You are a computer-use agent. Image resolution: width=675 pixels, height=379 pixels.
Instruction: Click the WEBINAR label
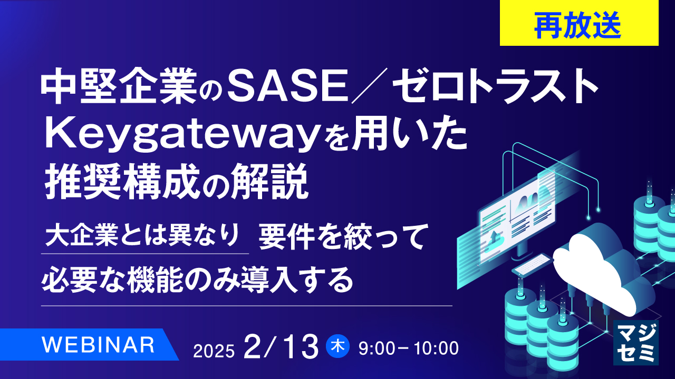[x=98, y=345]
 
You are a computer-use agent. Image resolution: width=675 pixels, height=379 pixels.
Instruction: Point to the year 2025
[x=214, y=350]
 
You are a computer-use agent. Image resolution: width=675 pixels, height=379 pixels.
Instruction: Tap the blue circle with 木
[x=337, y=347]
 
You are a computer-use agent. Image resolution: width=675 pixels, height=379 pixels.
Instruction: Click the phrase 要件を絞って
[x=341, y=238]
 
